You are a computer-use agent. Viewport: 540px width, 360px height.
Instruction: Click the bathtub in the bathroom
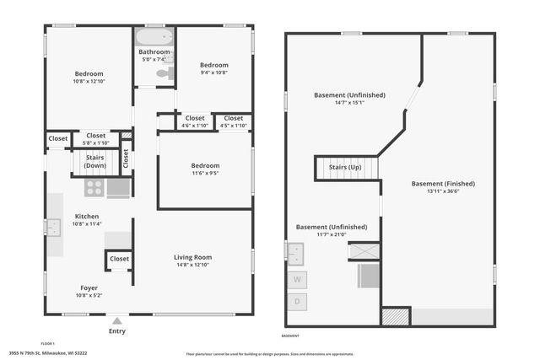point(154,37)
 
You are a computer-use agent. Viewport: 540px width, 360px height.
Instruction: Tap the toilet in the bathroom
point(163,75)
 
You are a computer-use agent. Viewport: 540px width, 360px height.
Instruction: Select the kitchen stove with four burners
point(94,187)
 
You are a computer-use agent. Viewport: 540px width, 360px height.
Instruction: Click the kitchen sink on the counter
point(53,227)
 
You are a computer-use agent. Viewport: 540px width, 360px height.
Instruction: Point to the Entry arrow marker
point(116,321)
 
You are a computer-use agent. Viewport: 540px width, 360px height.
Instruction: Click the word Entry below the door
point(116,331)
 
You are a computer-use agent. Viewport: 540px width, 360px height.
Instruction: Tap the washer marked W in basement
point(297,279)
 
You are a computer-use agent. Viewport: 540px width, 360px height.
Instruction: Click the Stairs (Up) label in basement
point(344,168)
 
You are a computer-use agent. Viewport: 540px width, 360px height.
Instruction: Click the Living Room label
point(192,257)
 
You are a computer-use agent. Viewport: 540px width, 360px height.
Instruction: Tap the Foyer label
point(89,287)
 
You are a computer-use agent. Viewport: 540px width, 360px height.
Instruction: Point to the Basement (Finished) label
point(443,183)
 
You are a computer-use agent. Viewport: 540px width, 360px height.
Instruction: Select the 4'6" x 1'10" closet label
point(195,126)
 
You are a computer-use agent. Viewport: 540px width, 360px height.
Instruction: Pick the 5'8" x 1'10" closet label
point(95,142)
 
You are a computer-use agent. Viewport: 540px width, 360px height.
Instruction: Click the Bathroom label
point(154,51)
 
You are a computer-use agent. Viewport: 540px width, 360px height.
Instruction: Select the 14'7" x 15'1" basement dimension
point(349,104)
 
